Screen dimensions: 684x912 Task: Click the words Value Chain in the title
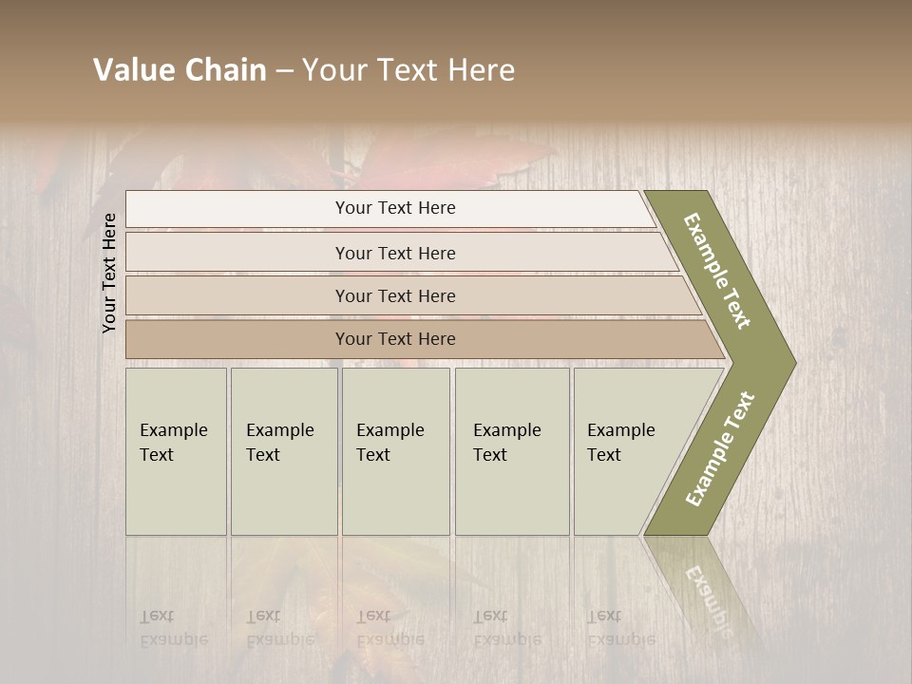180,70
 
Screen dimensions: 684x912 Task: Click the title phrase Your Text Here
408,70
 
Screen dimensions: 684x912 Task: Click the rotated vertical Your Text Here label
109,273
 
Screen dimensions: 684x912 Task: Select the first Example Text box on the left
176,451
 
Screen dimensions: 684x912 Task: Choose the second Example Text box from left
283,451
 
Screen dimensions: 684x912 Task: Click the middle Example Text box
395,451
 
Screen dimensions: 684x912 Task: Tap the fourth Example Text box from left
511,451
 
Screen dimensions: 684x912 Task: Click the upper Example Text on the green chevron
717,271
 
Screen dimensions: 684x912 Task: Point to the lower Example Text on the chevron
720,449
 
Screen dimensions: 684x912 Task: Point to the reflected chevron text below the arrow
708,598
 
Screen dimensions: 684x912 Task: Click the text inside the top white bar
395,208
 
